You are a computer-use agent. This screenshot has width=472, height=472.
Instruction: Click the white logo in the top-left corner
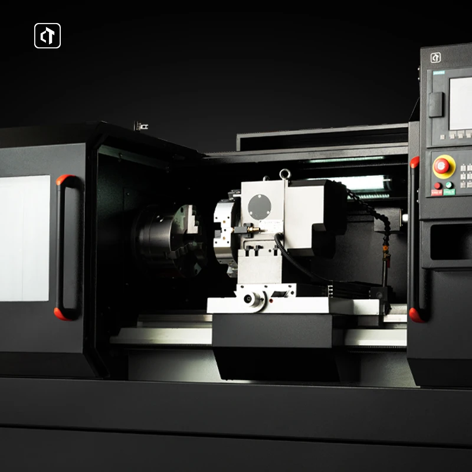[47, 35]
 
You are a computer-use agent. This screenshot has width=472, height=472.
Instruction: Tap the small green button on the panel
[449, 185]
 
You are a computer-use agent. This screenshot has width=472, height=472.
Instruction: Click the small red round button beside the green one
[437, 185]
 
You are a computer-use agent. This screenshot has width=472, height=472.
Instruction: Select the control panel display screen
[461, 103]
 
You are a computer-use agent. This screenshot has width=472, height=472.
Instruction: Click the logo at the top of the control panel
[435, 58]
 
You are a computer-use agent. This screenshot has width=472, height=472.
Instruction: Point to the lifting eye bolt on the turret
[285, 174]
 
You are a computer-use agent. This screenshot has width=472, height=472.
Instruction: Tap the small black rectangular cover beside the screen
[436, 104]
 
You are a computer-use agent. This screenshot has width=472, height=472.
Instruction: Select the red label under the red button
[437, 192]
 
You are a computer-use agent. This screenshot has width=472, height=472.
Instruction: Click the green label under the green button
[449, 192]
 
